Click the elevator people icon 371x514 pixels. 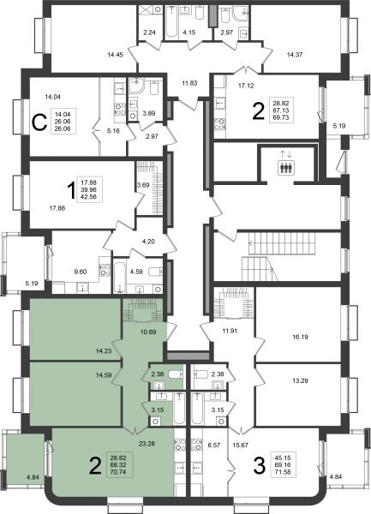click(286, 168)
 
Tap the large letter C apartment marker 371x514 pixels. click(39, 123)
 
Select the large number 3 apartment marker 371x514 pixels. click(260, 466)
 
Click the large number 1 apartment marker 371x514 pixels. click(71, 191)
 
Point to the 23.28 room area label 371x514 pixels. click(147, 444)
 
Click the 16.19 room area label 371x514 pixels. click(300, 337)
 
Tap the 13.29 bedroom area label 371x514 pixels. click(300, 381)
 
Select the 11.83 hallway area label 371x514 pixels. click(189, 83)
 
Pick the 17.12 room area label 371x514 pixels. click(246, 86)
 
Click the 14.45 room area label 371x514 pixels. click(115, 55)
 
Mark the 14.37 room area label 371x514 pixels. click(295, 55)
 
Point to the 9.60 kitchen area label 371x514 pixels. click(81, 272)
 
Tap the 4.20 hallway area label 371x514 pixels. click(148, 242)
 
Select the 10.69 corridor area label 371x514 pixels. click(148, 332)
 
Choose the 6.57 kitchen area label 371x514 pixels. click(214, 445)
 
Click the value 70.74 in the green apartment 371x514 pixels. click(119, 472)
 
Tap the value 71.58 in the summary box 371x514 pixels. click(282, 472)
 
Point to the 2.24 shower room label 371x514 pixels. click(149, 33)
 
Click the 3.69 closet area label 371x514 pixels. click(143, 185)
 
